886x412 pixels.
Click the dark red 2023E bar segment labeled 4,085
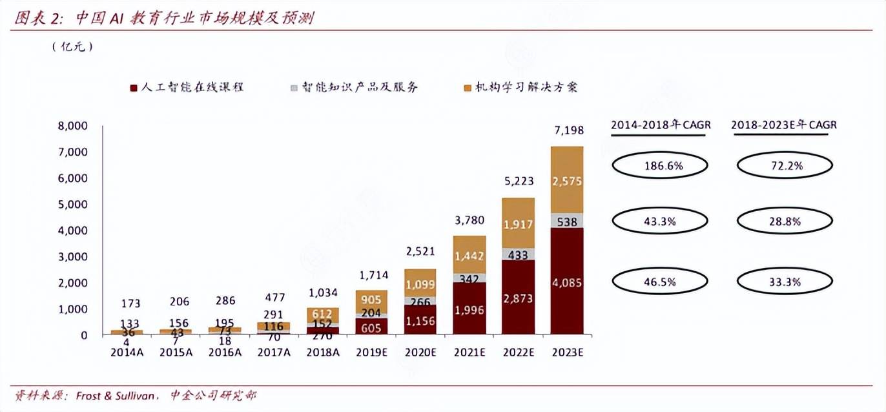(x=566, y=281)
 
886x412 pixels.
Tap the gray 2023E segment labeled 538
(x=566, y=220)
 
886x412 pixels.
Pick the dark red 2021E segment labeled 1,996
(x=469, y=309)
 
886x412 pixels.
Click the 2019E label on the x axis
(x=373, y=353)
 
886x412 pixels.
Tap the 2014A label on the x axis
(x=127, y=353)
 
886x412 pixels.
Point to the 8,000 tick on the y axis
(x=73, y=126)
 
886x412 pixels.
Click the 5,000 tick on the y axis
(x=73, y=205)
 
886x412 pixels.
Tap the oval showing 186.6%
(x=660, y=166)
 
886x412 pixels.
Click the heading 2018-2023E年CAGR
(x=783, y=125)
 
